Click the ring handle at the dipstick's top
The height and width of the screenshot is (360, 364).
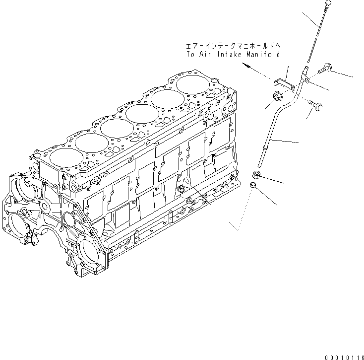[329, 3]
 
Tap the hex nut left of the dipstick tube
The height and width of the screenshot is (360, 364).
[277, 95]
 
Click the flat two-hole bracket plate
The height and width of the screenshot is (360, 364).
[285, 85]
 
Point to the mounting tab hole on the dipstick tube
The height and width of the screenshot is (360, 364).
[307, 80]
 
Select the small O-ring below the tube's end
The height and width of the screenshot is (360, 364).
[253, 185]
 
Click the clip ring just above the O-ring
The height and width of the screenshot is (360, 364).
[256, 174]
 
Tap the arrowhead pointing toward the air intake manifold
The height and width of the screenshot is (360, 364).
[246, 65]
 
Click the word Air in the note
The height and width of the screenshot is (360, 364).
[205, 55]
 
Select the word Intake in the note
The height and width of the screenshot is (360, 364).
[230, 55]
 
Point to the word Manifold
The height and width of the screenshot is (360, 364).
[263, 55]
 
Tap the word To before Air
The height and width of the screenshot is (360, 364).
[191, 55]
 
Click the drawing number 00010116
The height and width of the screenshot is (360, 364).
[344, 358]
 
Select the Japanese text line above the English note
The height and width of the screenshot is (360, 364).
[233, 46]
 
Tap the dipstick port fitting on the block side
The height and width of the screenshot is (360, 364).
[181, 188]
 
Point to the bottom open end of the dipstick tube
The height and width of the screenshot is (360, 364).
[259, 165]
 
